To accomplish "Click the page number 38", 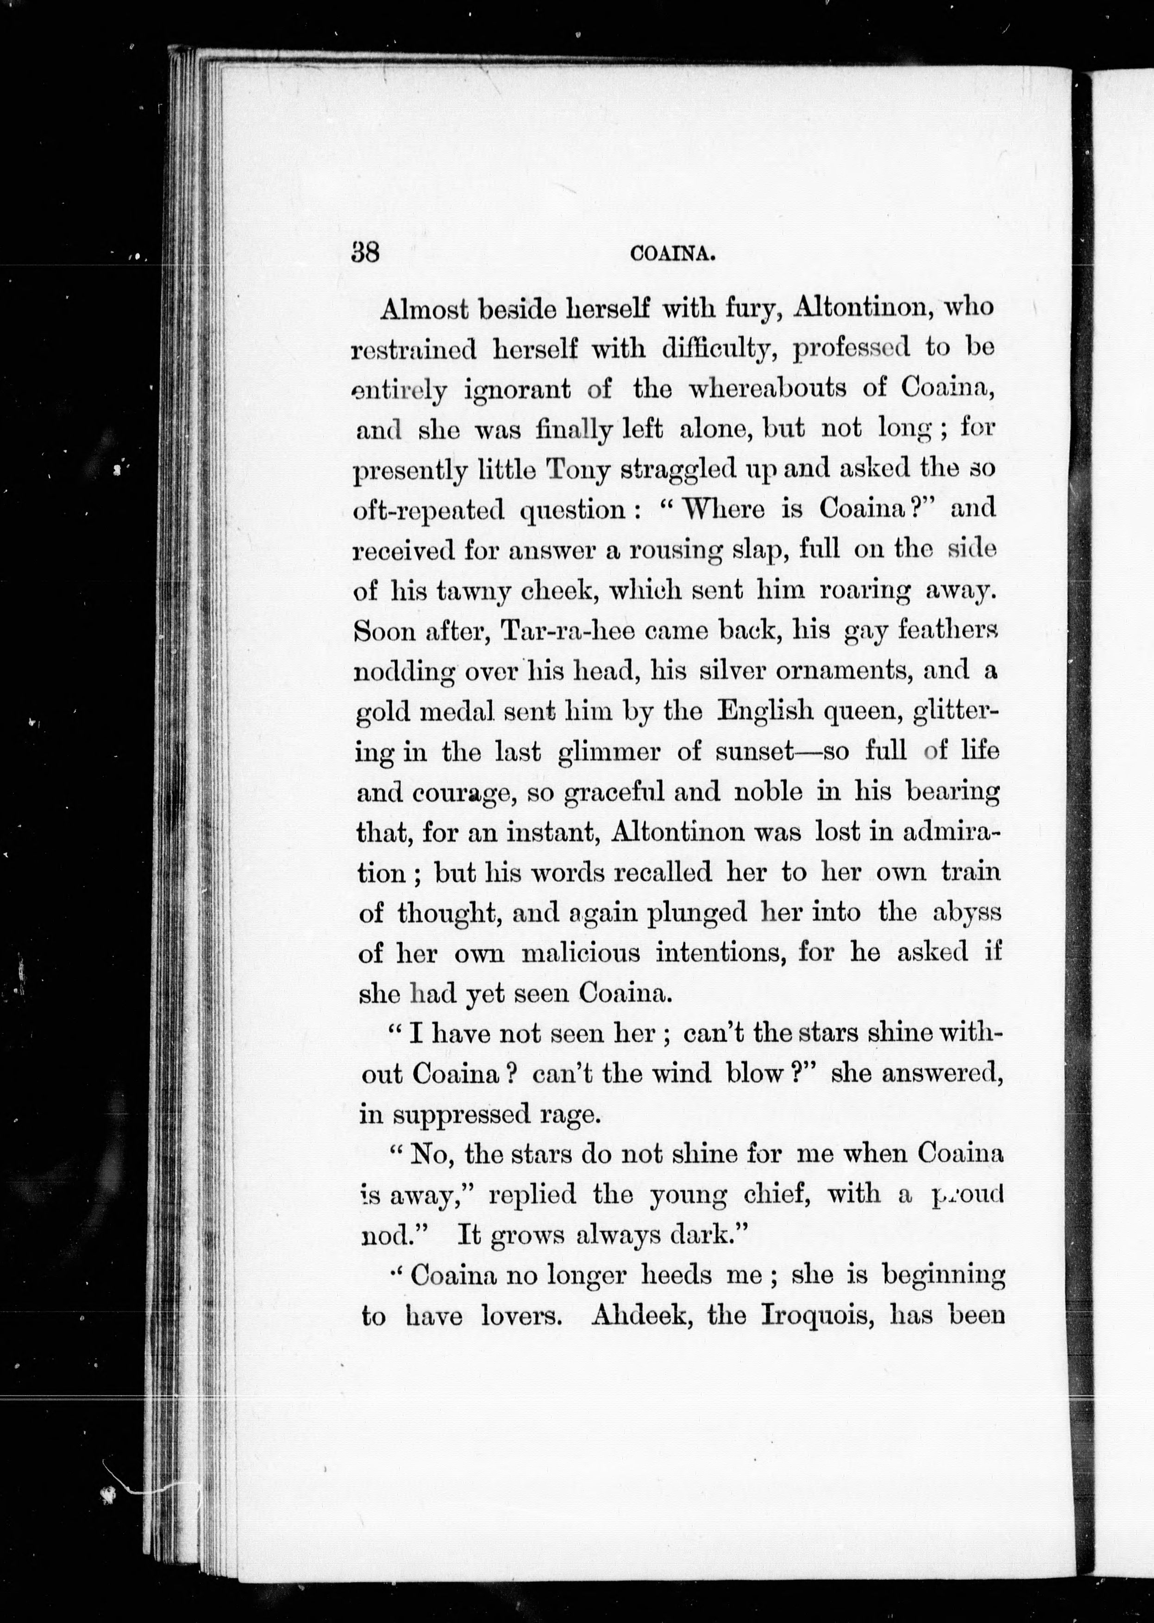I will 365,253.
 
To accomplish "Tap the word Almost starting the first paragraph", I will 424,309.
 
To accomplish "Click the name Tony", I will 577,471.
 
